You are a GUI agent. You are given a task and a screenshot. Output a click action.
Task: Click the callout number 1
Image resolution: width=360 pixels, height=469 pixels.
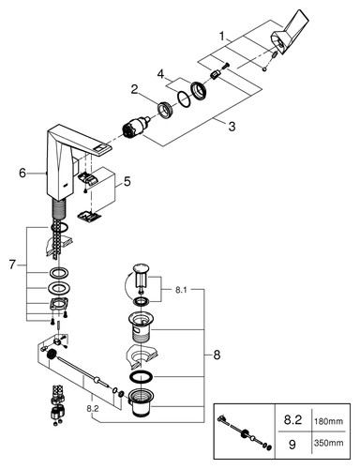[x=222, y=37]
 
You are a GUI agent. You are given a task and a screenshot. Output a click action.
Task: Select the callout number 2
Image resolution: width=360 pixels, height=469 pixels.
[x=134, y=90]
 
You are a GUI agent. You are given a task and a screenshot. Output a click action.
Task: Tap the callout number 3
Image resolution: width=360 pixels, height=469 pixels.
[x=232, y=127]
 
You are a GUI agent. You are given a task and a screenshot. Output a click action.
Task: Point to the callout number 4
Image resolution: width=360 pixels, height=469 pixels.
[x=160, y=74]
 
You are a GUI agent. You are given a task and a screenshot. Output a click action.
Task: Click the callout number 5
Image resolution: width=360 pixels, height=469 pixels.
[x=127, y=182]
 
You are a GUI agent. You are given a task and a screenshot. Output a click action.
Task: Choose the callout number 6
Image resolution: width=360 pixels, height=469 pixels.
[x=22, y=173]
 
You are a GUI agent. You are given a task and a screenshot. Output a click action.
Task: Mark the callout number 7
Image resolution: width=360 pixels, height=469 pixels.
[x=12, y=265]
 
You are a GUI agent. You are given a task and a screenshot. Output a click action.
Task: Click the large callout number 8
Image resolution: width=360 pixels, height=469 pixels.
[x=217, y=356]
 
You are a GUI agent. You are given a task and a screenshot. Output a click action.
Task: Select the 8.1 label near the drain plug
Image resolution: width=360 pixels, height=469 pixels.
[x=181, y=290]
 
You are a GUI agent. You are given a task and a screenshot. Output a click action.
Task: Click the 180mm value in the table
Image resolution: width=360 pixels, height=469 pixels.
[x=328, y=421]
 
